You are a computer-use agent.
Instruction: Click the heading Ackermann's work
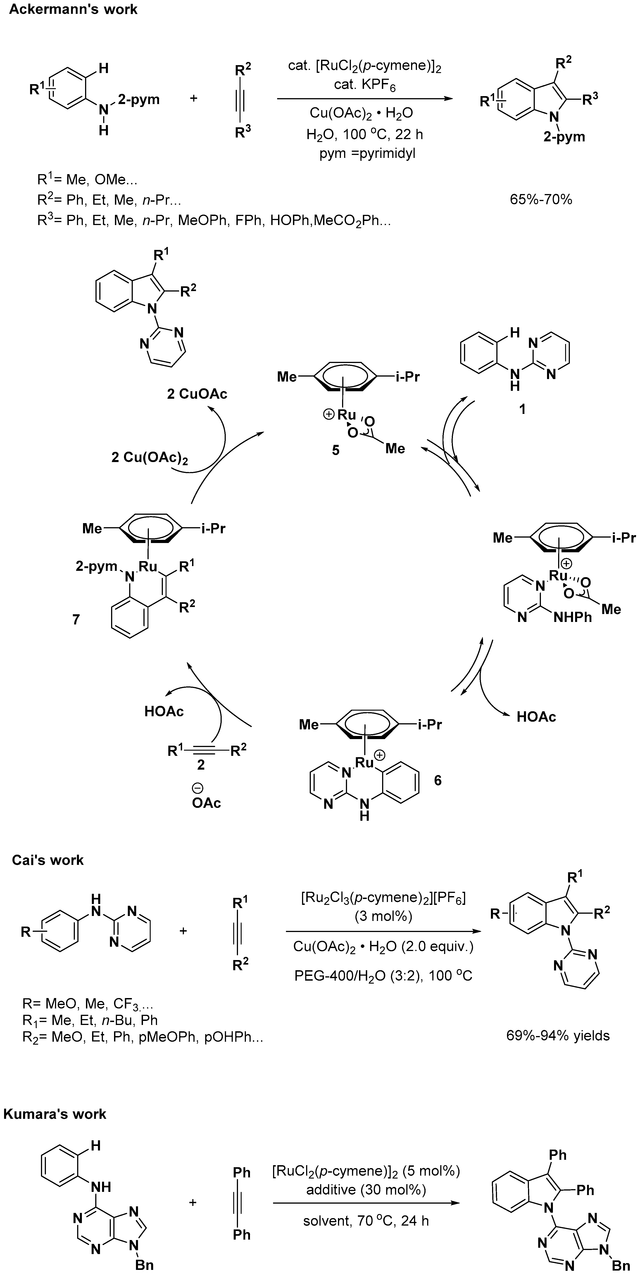[x=73, y=9]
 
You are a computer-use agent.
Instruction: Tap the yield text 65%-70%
[x=541, y=200]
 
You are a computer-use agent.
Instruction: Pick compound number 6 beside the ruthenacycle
[x=437, y=781]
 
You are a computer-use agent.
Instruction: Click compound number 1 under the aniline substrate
[x=522, y=409]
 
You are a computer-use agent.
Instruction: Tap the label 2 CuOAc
[x=197, y=394]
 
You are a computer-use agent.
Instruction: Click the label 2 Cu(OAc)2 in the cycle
[x=150, y=458]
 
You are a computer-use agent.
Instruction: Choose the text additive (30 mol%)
[x=366, y=1189]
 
